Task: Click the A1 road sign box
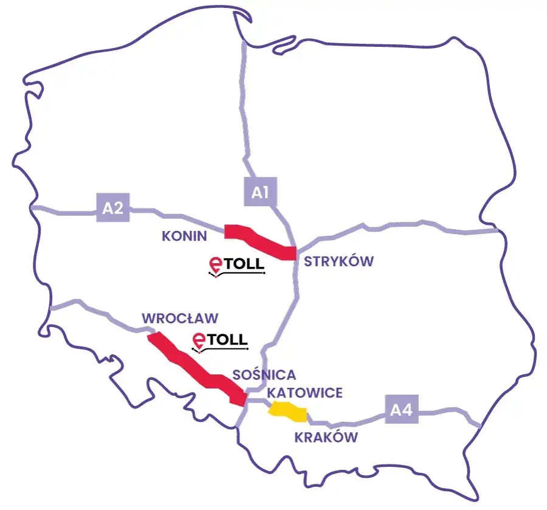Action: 259,191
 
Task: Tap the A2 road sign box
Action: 113,208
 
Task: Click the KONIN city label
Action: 185,236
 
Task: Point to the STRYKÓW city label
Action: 339,261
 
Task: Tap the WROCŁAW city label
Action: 179,318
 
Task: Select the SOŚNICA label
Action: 264,374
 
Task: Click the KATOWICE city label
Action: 304,393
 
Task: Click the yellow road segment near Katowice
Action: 288,412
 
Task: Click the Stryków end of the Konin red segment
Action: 290,252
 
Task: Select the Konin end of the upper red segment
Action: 230,231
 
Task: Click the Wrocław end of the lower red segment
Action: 154,339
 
